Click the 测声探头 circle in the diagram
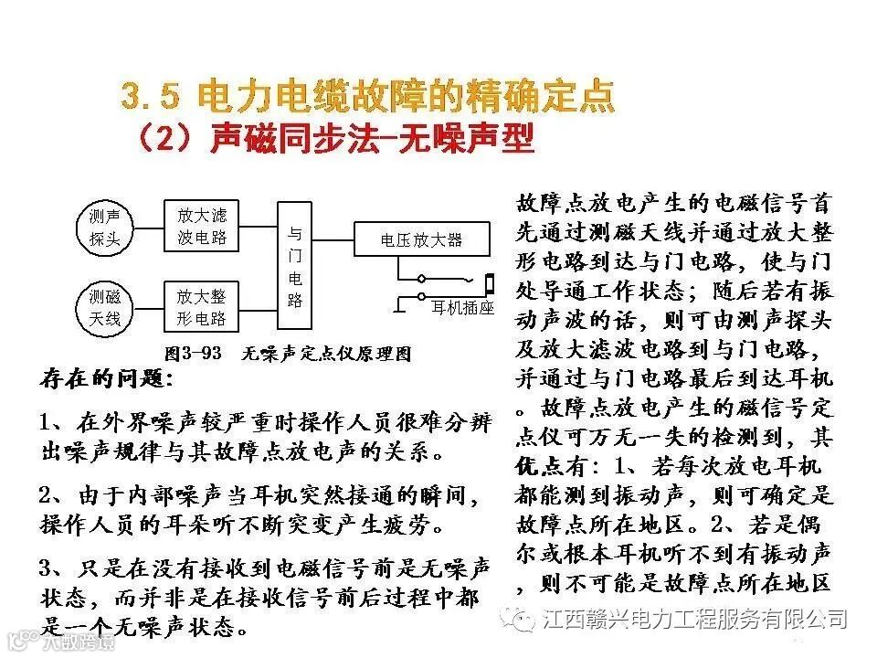(104, 227)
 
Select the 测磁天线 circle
(104, 307)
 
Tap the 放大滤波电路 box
(201, 227)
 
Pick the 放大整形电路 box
(201, 307)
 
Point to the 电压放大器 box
(421, 240)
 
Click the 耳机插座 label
(462, 309)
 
